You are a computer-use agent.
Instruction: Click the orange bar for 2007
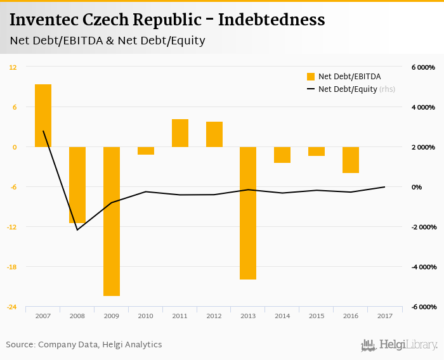click(43, 115)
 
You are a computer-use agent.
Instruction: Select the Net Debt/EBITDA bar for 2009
click(112, 221)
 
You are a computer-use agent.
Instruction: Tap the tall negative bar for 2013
click(249, 213)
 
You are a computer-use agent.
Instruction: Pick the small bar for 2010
click(146, 151)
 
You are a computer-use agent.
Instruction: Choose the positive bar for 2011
click(180, 133)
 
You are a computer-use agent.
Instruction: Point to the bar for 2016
click(351, 160)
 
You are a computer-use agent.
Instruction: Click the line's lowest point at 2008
click(77, 229)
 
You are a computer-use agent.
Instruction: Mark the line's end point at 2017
click(385, 186)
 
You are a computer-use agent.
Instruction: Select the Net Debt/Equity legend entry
click(347, 89)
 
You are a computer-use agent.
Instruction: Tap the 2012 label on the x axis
click(214, 316)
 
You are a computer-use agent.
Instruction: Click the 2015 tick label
click(317, 316)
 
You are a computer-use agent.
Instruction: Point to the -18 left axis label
click(12, 267)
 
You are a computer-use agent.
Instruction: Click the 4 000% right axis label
click(422, 107)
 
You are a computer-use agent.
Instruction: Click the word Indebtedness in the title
click(271, 20)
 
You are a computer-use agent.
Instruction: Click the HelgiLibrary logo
click(399, 345)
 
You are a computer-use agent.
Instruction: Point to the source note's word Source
click(20, 345)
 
